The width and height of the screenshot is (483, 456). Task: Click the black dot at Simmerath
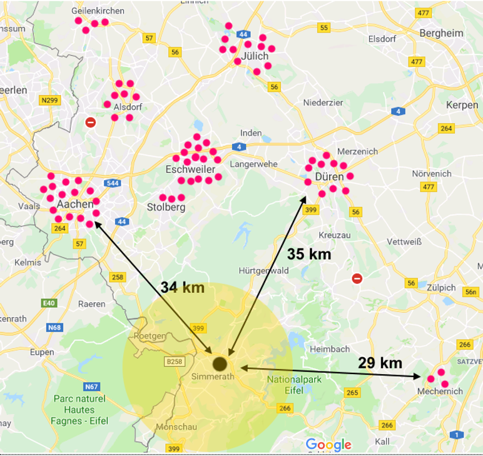tap(220, 363)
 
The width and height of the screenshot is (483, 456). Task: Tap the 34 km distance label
tap(183, 287)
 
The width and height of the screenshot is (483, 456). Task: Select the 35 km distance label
tap(308, 254)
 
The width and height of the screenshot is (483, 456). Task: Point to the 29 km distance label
tap(380, 362)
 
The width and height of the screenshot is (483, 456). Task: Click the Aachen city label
tap(75, 205)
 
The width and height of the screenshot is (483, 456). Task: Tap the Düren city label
tap(329, 177)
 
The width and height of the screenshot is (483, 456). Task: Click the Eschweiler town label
tap(190, 170)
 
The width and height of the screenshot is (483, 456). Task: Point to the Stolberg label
tap(166, 207)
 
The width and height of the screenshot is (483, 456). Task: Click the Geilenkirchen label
tap(98, 11)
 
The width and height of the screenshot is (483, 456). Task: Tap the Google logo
tap(328, 445)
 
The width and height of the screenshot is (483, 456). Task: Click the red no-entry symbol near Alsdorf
tap(91, 122)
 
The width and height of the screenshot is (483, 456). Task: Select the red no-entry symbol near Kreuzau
tap(357, 278)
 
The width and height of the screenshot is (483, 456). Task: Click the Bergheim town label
tap(441, 33)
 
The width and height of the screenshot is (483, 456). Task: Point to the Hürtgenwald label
tap(263, 271)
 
